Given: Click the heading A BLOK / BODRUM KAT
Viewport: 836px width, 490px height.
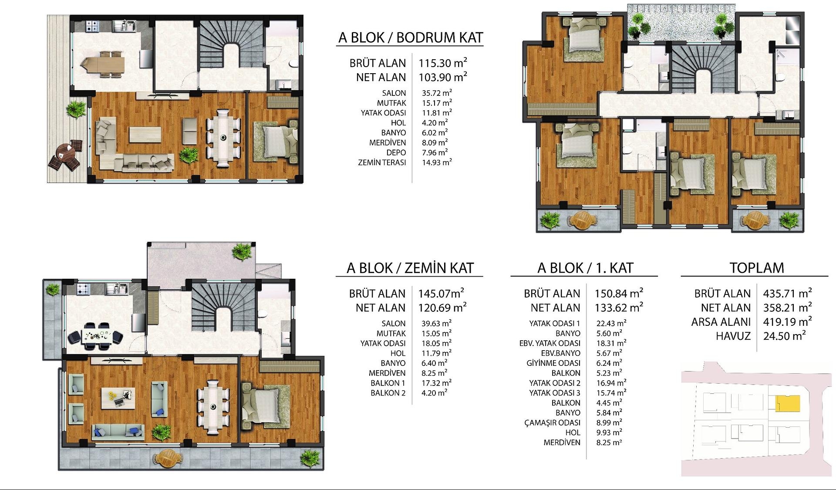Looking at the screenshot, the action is point(411,37).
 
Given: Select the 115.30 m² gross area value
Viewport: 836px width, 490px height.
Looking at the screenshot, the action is point(443,63).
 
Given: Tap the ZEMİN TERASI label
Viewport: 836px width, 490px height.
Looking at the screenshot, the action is point(382,162).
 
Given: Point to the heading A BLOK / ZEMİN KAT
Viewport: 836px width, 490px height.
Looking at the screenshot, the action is point(410,268).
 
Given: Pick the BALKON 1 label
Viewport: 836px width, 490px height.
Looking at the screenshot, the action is point(388,383).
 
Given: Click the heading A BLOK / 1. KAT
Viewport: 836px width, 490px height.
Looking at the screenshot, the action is point(585,268).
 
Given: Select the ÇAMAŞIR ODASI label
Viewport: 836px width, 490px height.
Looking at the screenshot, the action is point(552,422).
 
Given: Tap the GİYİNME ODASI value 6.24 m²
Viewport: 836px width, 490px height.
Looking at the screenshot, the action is point(609,363).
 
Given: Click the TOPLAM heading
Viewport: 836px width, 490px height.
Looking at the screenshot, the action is point(757,268).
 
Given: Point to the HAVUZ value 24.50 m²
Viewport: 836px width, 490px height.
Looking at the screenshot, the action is point(784,336).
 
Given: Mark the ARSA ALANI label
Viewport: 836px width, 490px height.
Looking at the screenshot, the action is point(721,322).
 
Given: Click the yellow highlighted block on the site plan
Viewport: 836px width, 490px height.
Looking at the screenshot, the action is point(788,403).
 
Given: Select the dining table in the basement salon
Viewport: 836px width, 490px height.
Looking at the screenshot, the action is point(223,138).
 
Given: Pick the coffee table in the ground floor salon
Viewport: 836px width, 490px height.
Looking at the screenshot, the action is point(118,398).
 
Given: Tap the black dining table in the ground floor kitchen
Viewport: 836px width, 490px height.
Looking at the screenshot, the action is point(96,336).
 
